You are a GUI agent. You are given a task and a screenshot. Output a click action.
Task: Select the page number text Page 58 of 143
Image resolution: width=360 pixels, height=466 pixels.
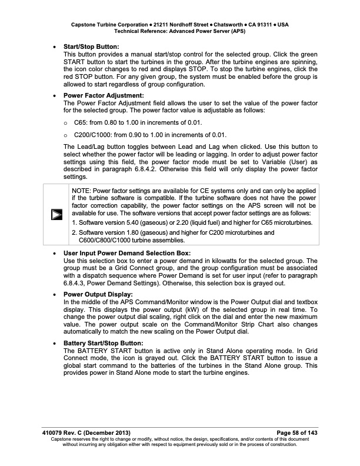coord(292,433)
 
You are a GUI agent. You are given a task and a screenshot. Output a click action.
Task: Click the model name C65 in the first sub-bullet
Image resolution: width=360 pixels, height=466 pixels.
coord(81,122)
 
